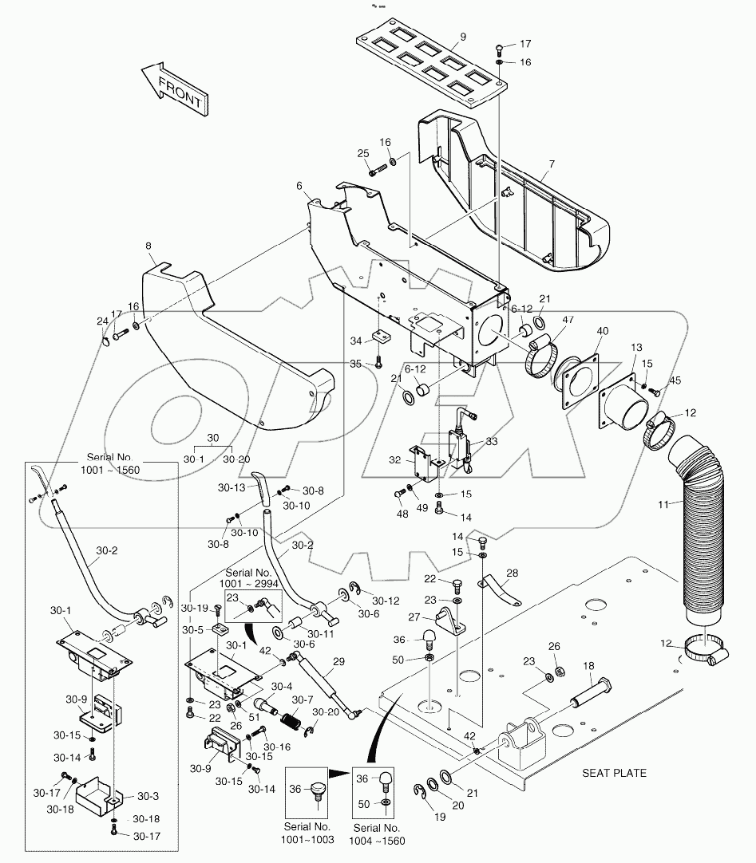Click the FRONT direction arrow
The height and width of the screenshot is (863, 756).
[x=174, y=89]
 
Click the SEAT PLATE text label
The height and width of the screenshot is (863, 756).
[x=613, y=772]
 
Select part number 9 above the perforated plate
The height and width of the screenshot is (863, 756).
[x=461, y=37]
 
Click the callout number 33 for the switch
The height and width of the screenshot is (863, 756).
[x=490, y=441]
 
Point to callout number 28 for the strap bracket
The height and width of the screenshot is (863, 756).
[x=512, y=573]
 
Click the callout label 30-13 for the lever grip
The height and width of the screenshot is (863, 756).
[x=232, y=489]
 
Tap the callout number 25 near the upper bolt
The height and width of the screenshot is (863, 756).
[x=363, y=153]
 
